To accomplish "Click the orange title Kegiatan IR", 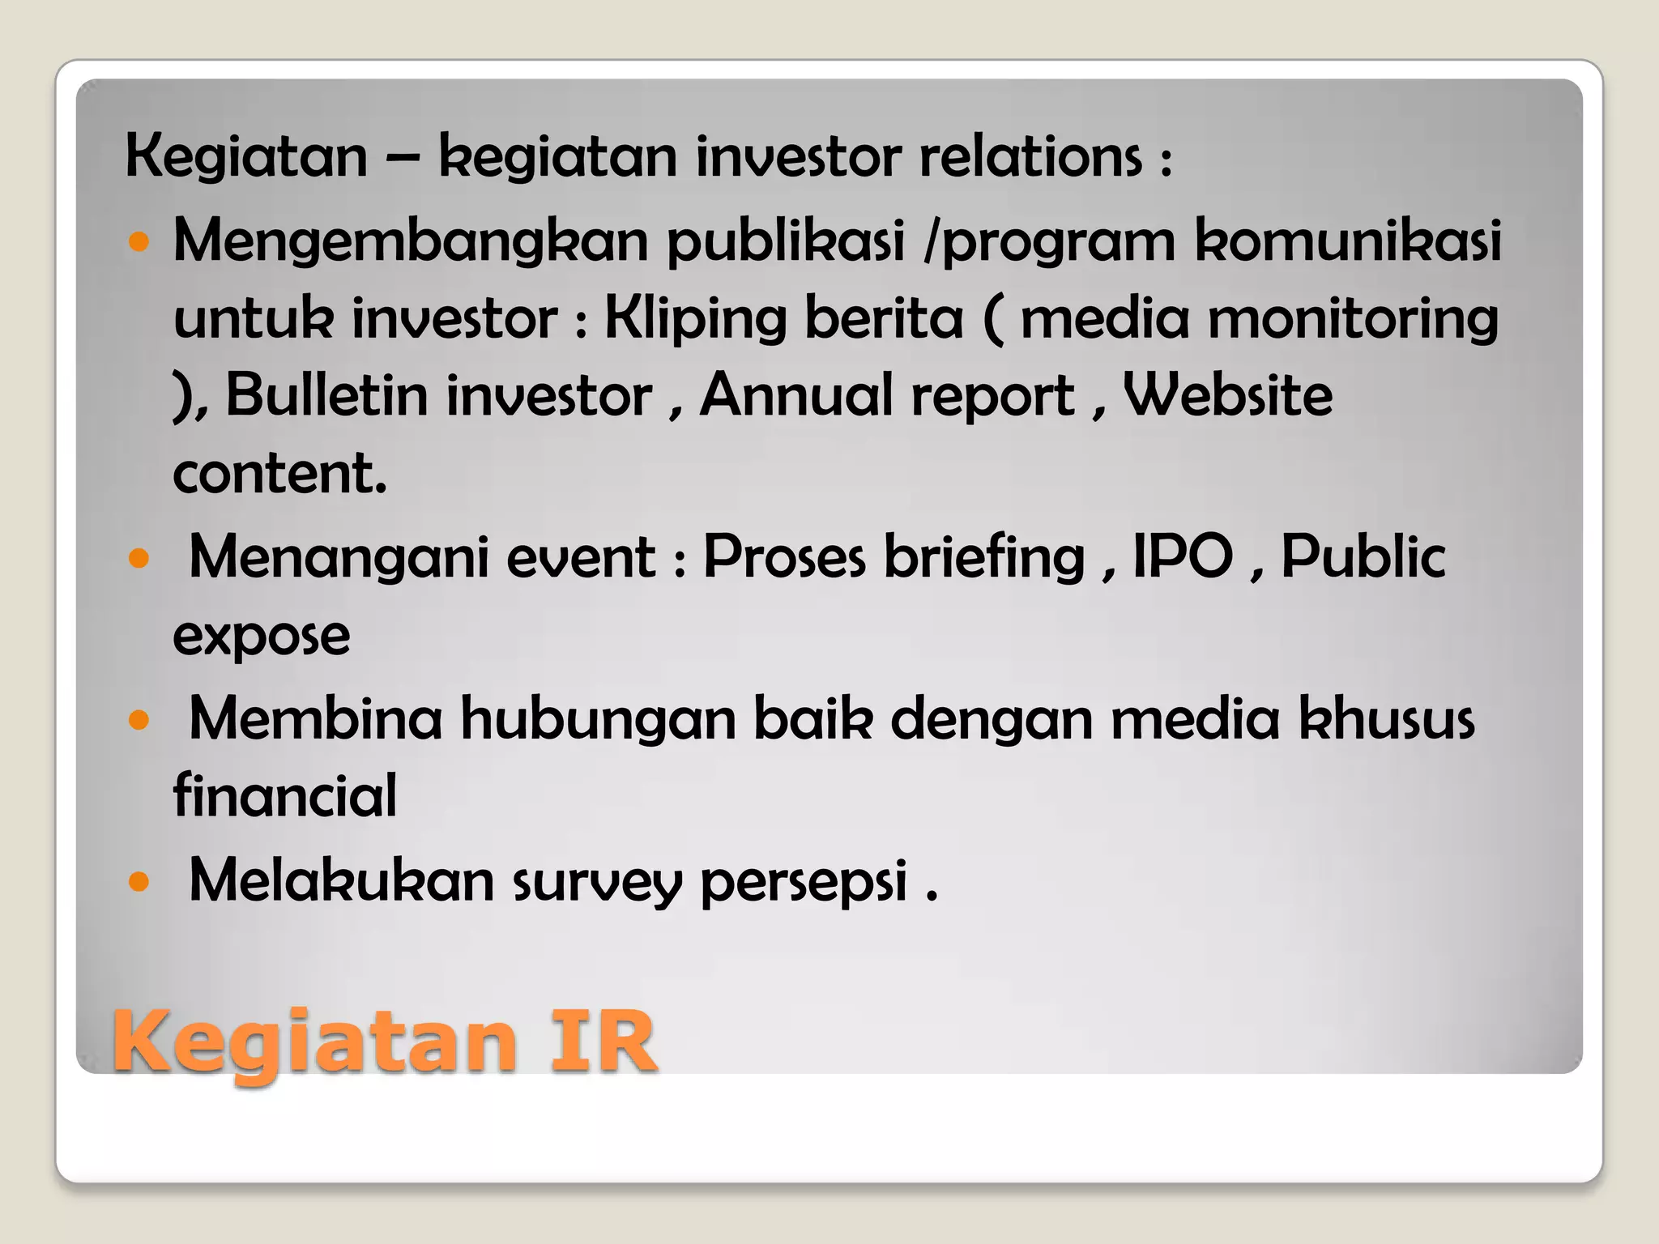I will (384, 1042).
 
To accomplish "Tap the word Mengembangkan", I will (411, 241).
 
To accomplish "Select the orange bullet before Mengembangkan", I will (139, 241).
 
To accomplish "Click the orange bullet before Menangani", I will (139, 559).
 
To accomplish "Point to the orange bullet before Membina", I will (139, 719).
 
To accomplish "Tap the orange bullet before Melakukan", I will (139, 880).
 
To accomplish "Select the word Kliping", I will (695, 319).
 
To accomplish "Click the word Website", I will (1228, 396).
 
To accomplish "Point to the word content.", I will (279, 473).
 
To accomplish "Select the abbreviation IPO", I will (1183, 557).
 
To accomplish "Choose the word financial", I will (285, 795).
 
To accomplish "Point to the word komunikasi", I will (1348, 241).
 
